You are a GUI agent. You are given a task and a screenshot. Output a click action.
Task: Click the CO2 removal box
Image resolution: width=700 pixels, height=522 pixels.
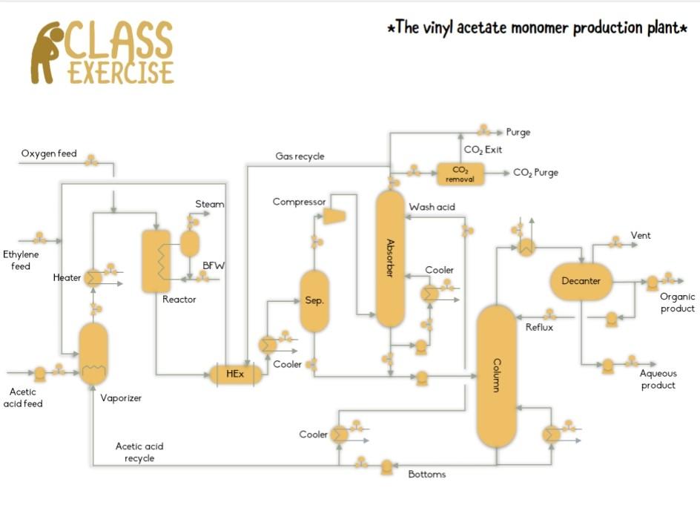tap(460, 174)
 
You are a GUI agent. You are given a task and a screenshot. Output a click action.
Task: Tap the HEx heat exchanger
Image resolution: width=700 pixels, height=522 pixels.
tap(235, 374)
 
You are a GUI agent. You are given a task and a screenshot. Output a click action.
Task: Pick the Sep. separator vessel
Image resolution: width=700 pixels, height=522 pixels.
tap(314, 301)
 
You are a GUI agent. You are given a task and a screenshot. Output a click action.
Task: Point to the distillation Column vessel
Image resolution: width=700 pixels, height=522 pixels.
tap(496, 376)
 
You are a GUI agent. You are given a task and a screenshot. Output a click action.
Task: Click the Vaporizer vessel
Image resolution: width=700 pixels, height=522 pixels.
tap(93, 353)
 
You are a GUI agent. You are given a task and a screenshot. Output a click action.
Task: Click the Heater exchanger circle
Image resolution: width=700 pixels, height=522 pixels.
tap(93, 278)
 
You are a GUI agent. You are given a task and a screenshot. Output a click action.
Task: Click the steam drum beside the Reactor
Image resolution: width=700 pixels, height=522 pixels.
tap(190, 243)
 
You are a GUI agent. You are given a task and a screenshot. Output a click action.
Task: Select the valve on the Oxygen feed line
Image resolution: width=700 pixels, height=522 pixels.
tap(91, 160)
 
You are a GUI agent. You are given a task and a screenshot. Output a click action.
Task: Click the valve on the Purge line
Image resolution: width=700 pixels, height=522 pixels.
tap(483, 131)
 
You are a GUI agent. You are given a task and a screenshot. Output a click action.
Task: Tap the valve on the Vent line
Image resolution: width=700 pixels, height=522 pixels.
tap(615, 242)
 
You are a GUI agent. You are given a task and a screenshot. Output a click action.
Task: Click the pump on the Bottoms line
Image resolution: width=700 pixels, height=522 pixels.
tap(386, 467)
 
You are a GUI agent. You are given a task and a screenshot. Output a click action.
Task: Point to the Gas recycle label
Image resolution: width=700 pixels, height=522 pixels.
tap(300, 156)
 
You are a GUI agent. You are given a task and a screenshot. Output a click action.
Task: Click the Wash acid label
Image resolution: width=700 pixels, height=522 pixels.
tap(432, 207)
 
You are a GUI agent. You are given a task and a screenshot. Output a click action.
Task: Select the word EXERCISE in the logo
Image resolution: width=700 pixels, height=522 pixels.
tap(121, 73)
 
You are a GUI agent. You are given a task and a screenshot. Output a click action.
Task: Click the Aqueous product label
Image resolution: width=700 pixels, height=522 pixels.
tap(658, 380)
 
